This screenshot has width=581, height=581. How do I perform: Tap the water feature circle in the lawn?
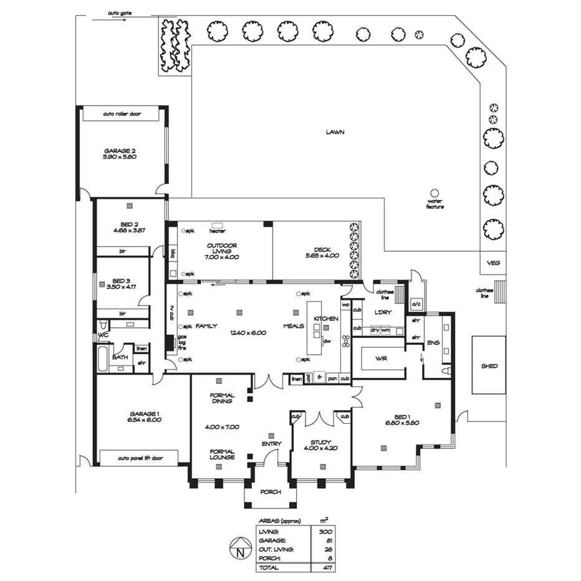[435, 193]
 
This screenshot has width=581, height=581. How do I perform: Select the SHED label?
[489, 366]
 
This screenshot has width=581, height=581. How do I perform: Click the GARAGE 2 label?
[120, 154]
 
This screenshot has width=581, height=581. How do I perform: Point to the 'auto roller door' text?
[123, 115]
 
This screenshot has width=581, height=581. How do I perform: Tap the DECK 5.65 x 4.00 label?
[322, 252]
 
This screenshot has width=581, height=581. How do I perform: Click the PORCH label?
[270, 492]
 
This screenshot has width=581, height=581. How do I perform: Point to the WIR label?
[382, 359]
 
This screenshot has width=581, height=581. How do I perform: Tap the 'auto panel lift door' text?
[140, 458]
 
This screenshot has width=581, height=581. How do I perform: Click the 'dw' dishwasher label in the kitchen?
[326, 341]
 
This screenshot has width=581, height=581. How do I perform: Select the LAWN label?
[335, 132]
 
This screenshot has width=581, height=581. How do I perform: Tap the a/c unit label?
[415, 304]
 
